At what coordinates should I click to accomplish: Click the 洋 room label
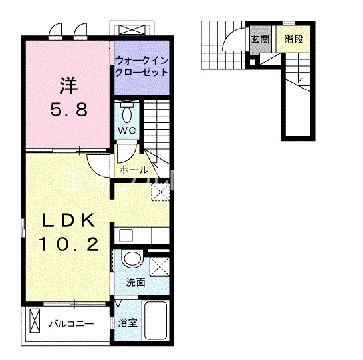[x=67, y=86]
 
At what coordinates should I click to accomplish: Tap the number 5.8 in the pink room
[x=67, y=111]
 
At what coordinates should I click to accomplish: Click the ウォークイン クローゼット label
[x=142, y=65]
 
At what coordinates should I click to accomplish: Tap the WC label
[x=128, y=130]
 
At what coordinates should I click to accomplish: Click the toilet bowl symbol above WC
[x=128, y=108]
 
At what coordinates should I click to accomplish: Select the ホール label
[x=134, y=170]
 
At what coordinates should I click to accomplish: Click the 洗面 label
[x=136, y=281]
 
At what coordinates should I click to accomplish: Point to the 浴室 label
[x=128, y=324]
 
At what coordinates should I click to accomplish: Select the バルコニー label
[x=70, y=325]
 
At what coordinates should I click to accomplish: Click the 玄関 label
[x=260, y=39]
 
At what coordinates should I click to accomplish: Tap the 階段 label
[x=294, y=39]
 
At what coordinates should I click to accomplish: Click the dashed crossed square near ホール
[x=159, y=192]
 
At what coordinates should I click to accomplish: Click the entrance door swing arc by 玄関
[x=234, y=41]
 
